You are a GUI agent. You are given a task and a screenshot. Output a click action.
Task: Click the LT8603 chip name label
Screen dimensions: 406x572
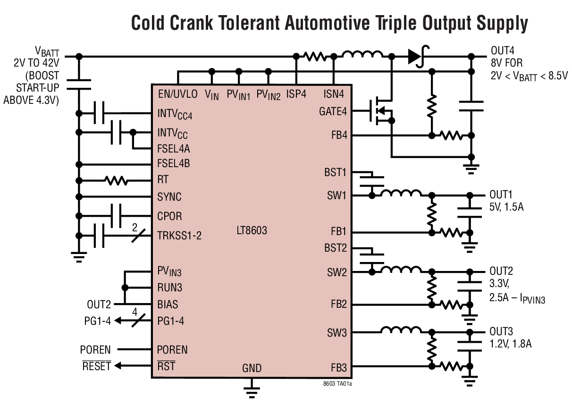[252, 231]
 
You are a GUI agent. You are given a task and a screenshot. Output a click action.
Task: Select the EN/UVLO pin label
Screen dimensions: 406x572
[178, 94]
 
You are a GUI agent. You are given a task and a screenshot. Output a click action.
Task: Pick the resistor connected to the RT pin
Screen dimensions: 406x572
[116, 180]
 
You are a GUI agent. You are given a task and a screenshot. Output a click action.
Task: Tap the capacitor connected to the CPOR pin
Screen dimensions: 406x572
[116, 216]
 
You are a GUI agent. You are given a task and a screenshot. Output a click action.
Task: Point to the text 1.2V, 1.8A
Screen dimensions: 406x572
[511, 344]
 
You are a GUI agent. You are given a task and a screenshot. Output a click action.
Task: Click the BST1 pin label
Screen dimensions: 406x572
[335, 172]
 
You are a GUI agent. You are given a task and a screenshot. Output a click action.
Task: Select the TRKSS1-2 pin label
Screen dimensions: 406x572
[179, 235]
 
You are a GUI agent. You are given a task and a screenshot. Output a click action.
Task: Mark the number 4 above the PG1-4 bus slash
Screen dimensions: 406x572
[135, 312]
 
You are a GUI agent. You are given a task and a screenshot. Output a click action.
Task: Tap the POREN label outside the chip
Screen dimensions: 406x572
[95, 350]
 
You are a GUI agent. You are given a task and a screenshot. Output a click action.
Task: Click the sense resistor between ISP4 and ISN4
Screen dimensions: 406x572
[315, 56]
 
